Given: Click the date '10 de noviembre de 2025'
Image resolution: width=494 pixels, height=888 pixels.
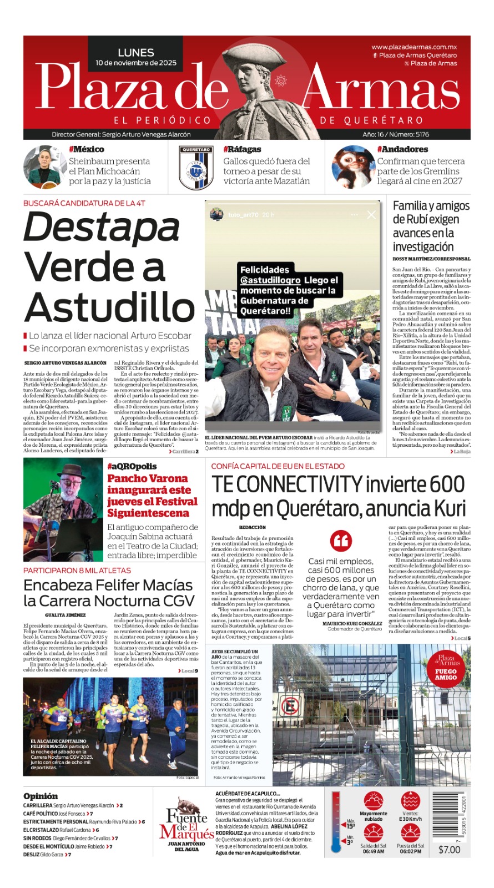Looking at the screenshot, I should pos(136,63).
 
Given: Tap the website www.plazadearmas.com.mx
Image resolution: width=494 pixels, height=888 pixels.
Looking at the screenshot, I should pos(414,47).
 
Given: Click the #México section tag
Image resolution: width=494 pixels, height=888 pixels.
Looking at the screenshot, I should pos(87,149).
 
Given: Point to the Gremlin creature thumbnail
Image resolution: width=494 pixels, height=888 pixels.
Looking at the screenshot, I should pos(353,167).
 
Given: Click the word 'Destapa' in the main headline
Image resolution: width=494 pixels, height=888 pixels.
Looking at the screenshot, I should pos(102,228).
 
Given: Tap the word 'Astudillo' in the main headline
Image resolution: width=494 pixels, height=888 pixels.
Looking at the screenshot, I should pos(110,307).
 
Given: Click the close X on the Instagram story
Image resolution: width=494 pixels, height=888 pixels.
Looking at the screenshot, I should pos(371,214).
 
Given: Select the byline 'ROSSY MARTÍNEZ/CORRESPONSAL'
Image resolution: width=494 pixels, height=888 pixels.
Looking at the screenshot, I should pos(431,259).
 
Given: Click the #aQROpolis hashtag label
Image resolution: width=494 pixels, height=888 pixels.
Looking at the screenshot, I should pos(132,466).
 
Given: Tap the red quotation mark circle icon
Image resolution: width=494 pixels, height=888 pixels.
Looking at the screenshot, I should pos(341,540).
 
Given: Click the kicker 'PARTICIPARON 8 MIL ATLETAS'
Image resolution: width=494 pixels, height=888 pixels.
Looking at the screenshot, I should pos(77,570).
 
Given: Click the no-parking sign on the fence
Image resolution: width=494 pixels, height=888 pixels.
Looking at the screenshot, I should pos(289,707).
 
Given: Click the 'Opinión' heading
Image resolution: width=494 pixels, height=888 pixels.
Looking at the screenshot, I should pos(41,796).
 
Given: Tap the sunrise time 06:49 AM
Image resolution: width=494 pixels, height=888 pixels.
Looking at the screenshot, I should pos(374,851).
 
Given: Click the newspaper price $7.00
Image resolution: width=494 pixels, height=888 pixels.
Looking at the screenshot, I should pos(449,850).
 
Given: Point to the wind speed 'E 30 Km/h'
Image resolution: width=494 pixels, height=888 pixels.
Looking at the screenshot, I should pos(410,819).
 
